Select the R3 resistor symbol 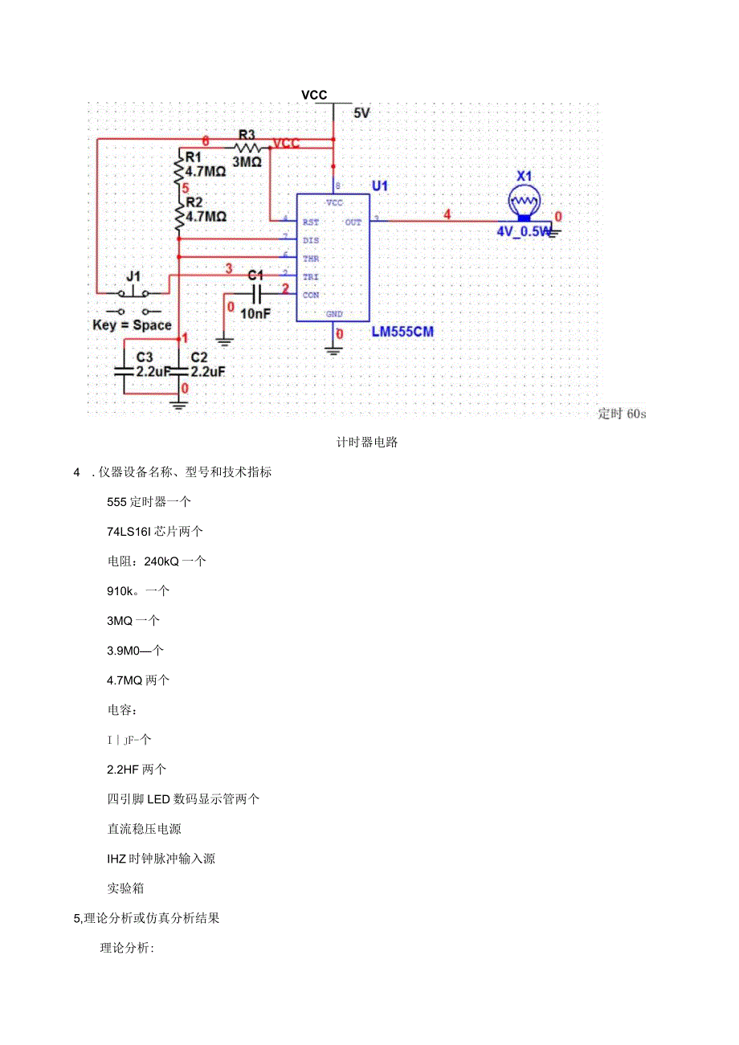tap(248, 148)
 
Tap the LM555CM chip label tap(402, 332)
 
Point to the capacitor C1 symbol tap(256, 294)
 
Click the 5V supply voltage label tap(361, 114)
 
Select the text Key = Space tap(133, 325)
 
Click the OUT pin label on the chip tap(353, 222)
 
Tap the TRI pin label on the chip tap(311, 276)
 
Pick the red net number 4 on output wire tap(447, 214)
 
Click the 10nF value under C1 tap(255, 314)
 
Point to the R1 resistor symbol tap(179, 169)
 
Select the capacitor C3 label tap(145, 356)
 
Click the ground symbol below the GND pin tap(332, 347)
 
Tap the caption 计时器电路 tap(368, 443)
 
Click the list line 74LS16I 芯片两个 tap(155, 531)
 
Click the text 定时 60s tap(622, 414)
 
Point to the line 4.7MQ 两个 tap(138, 680)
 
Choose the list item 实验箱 tap(125, 888)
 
